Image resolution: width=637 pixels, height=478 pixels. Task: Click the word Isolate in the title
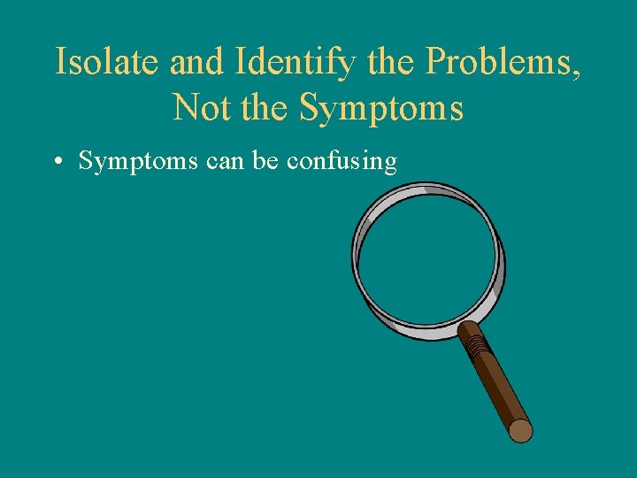[x=105, y=62]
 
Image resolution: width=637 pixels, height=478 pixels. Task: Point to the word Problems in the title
[x=497, y=62]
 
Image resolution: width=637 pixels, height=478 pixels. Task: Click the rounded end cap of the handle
[x=521, y=431]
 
